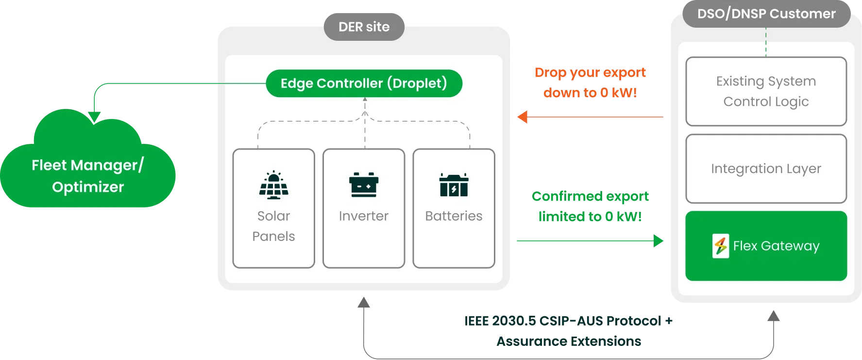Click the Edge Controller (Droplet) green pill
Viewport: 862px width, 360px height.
364,83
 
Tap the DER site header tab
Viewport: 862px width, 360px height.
364,27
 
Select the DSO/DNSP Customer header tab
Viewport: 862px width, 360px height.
766,14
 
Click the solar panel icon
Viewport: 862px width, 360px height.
273,185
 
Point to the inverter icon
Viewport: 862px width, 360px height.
364,185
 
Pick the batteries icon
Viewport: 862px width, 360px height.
454,185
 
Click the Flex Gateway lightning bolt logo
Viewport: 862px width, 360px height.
721,246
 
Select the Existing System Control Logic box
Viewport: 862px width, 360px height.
766,91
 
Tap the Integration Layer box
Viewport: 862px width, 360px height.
766,169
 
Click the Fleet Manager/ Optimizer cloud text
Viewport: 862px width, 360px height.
88,176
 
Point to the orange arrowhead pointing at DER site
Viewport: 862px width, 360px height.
523,117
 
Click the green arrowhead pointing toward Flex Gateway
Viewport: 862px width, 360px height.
659,240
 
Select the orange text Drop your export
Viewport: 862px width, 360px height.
590,73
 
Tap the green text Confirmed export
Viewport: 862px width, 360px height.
590,196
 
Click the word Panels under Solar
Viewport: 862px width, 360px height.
273,236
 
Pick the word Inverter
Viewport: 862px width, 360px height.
364,216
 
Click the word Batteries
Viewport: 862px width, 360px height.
454,216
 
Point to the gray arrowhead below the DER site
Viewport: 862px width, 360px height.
365,304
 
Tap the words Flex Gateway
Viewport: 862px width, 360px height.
776,246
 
